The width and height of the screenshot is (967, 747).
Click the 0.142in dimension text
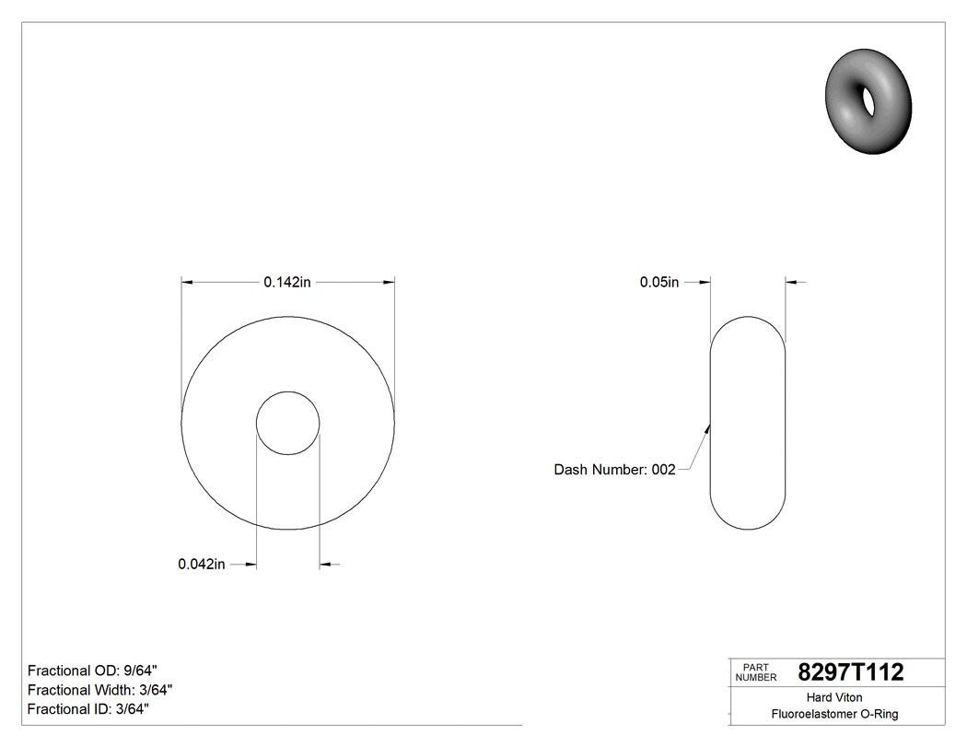[x=287, y=283]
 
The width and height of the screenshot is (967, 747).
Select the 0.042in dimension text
[x=202, y=565]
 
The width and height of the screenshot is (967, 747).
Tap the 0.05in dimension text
[x=659, y=283]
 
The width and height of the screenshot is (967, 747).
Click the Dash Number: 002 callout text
[x=614, y=470]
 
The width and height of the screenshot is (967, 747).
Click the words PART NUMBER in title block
[x=756, y=672]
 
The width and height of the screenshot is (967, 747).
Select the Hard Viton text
[x=834, y=697]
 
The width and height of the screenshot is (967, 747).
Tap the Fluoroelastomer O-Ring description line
[x=834, y=714]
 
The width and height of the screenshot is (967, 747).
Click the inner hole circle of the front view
[x=288, y=423]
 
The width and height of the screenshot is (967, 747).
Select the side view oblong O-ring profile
[x=747, y=424]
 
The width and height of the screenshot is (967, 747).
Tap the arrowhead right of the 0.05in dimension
[x=791, y=283]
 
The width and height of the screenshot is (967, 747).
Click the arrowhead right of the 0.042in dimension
[x=325, y=565]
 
